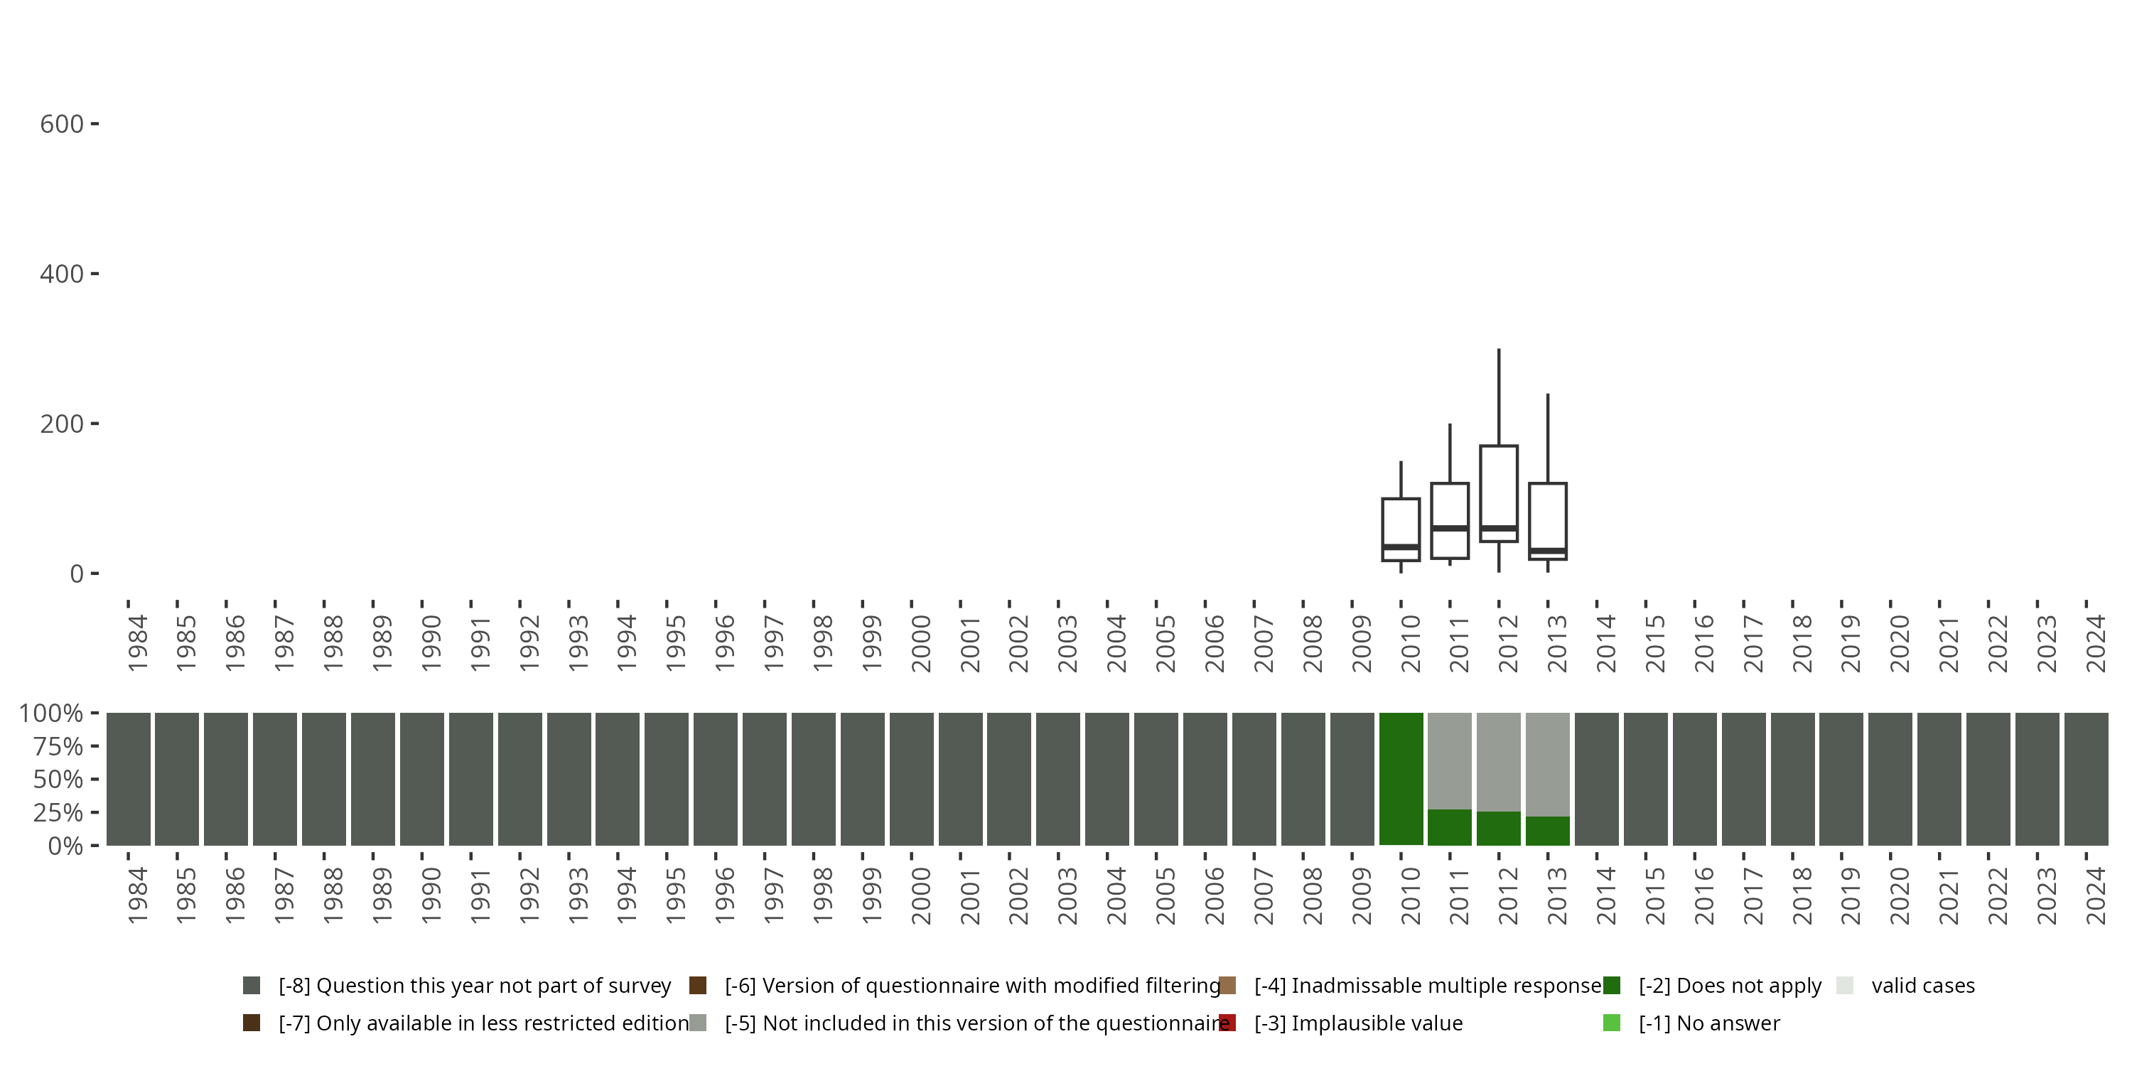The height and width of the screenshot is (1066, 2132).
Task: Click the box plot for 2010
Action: pos(1400,529)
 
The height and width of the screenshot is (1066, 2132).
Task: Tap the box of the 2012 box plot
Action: pos(1498,493)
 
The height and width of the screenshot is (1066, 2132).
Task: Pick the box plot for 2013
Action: pos(1548,521)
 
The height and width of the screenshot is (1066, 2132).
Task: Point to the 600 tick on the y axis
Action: pos(62,124)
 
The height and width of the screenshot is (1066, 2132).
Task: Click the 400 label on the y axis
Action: pos(62,274)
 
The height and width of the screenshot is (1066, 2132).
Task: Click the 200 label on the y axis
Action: pos(62,424)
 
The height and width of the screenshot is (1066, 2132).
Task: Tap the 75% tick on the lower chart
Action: pos(58,746)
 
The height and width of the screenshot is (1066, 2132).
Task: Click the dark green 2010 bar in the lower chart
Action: pos(1400,778)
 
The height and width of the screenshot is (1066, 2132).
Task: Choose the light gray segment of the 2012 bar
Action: pos(1498,761)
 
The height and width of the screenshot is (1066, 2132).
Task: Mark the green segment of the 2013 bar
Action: pos(1548,830)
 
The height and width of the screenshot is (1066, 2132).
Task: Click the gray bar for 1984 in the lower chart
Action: pos(129,778)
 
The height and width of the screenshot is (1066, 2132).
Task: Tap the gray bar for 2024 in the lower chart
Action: pos(2086,778)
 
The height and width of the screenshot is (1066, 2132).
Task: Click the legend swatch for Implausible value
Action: pos(1227,1023)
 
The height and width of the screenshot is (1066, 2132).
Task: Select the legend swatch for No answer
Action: pos(1611,1023)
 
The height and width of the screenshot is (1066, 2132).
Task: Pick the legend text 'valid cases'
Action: pos(1922,986)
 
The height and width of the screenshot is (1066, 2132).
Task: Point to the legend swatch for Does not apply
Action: pos(1611,986)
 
